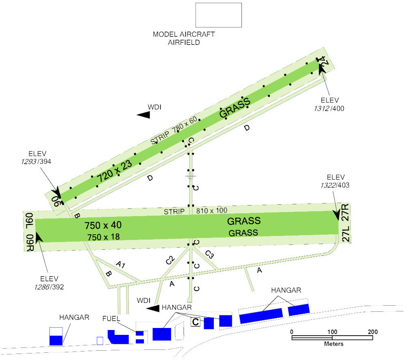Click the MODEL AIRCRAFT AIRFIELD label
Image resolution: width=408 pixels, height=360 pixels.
point(184,38)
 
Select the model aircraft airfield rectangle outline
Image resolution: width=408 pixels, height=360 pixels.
point(219,15)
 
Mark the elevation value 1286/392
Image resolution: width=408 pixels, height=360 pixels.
point(49,287)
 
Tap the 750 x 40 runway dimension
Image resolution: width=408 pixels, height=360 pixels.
point(103,225)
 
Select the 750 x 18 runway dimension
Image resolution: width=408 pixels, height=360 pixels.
point(103,237)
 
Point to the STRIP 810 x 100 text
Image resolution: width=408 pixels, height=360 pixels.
point(195,211)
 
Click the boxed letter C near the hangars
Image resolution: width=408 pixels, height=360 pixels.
point(196,322)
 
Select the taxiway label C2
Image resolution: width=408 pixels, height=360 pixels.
point(170,260)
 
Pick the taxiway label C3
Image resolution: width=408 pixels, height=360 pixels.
point(209,254)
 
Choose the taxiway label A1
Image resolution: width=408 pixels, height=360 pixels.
point(120,265)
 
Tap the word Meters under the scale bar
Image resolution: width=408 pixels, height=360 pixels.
point(334,344)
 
